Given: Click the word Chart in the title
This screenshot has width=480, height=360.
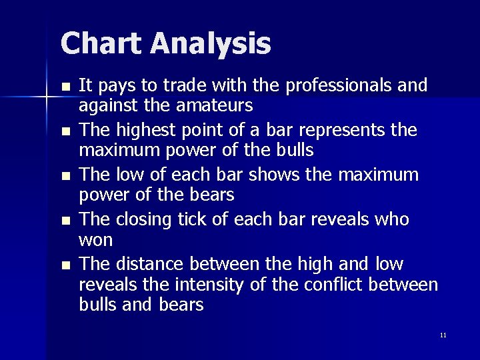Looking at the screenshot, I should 101,45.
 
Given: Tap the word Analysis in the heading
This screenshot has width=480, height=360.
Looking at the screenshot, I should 210,45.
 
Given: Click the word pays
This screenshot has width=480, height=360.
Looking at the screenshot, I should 111,86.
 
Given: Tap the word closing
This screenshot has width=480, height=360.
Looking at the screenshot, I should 142,221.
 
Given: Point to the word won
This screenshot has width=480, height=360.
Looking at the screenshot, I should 96,239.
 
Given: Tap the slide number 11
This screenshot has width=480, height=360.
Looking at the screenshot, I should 443,335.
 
